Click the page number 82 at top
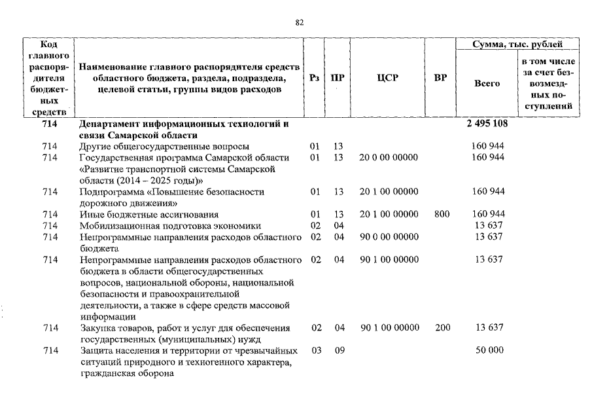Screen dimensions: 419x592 point(300,22)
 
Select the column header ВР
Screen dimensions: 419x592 point(441,78)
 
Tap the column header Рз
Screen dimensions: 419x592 point(315,78)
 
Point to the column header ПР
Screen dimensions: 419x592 point(338,78)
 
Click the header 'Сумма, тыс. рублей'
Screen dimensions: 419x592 point(517,45)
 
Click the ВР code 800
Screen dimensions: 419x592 point(442,214)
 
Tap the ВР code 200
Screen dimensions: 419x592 point(442,327)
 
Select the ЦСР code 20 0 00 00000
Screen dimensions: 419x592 point(389,157)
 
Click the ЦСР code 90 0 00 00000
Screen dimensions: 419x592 point(389,236)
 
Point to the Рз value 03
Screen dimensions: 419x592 point(317,350)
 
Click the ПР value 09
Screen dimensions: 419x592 point(339,350)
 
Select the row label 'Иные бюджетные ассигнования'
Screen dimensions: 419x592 point(148,214)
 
